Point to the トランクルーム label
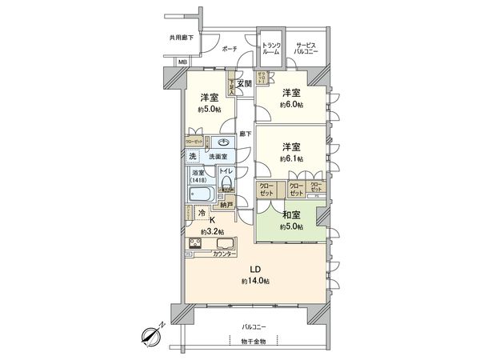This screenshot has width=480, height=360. click(272, 47)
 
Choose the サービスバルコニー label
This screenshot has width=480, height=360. click(306, 47)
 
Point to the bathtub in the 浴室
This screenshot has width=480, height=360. click(202, 194)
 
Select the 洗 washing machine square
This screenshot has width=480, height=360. click(194, 156)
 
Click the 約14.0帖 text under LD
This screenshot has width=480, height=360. click(257, 281)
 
